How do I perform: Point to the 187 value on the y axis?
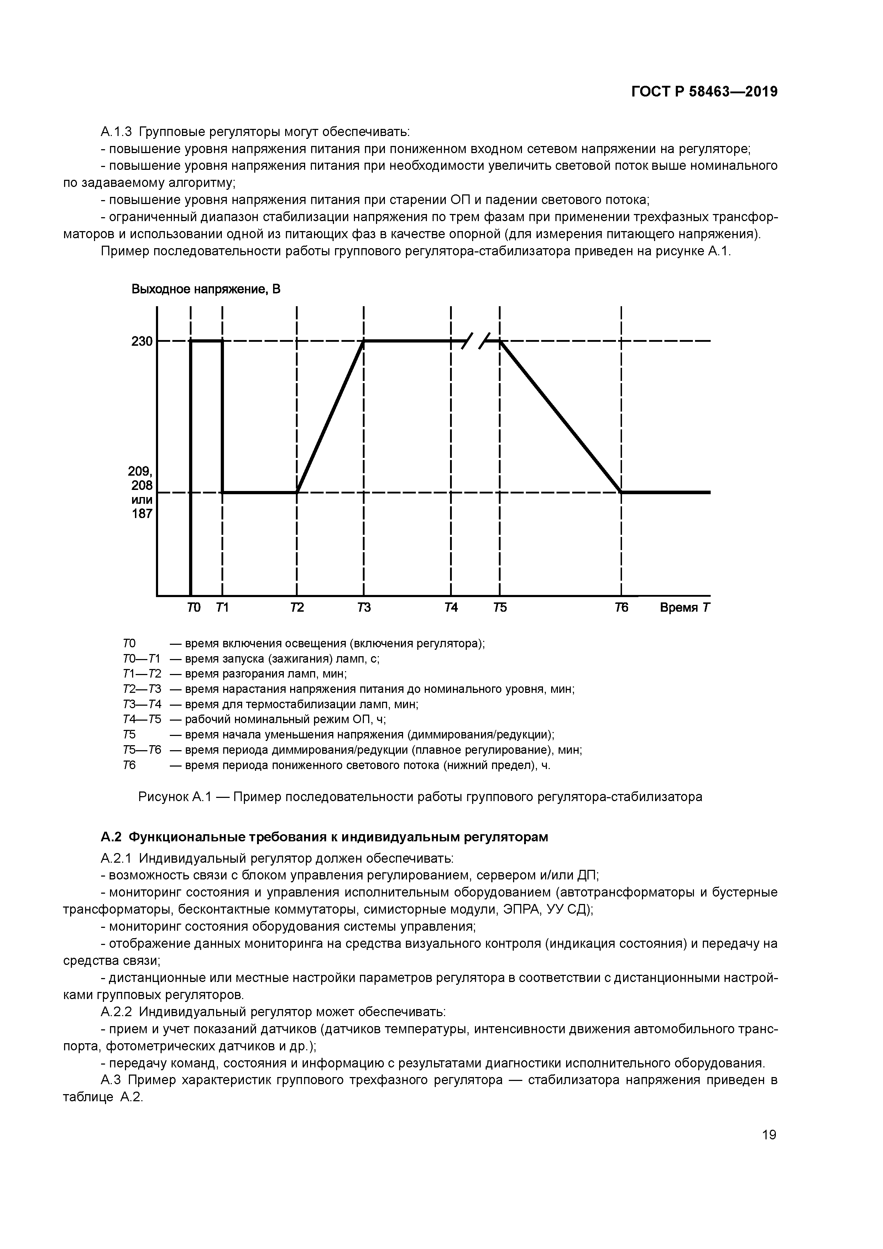[142, 513]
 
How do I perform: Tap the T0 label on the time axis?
[194, 608]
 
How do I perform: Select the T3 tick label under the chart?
[364, 608]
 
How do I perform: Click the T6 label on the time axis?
[621, 608]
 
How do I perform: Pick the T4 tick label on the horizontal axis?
[451, 608]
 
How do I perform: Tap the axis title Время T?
[684, 608]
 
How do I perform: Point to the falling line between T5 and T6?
[560, 416]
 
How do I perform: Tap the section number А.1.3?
[116, 132]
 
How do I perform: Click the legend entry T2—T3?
[142, 689]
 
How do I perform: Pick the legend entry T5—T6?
[142, 750]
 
